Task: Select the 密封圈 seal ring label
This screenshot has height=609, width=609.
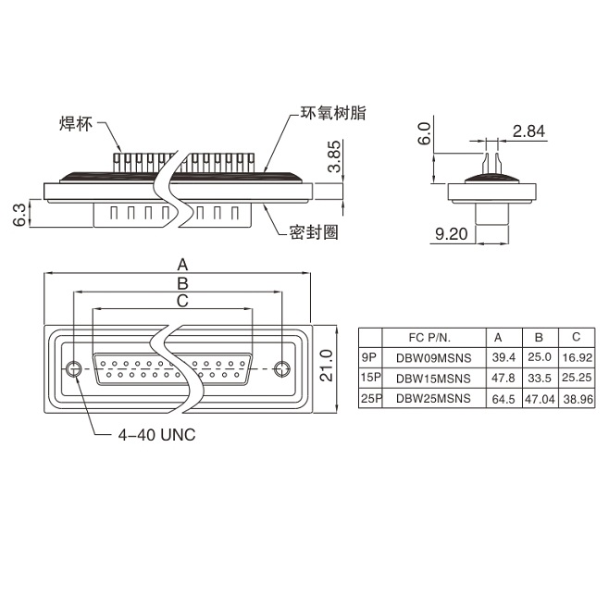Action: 314,232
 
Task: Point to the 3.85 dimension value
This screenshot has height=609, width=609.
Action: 334,158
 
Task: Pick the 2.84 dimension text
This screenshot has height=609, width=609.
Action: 528,131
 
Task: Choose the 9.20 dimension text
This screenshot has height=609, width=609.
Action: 452,234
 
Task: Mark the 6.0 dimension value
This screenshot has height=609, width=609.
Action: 425,135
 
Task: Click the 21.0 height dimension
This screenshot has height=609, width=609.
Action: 324,367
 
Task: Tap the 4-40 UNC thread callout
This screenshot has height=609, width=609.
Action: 156,433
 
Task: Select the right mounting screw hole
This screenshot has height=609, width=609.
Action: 284,368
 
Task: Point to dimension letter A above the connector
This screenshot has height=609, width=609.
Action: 182,262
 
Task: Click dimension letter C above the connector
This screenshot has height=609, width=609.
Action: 182,301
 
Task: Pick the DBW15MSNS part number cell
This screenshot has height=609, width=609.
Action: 433,379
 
